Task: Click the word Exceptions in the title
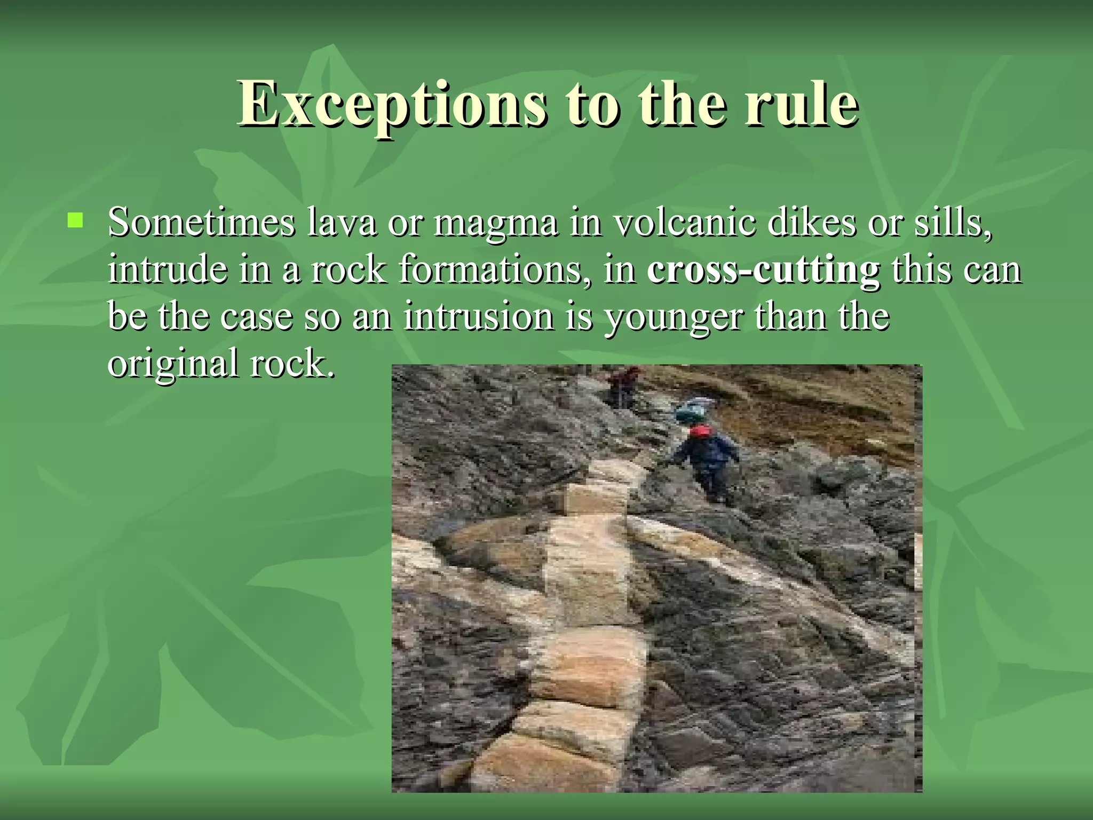(392, 104)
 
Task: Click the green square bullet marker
(75, 220)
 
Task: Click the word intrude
(167, 269)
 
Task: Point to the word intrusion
(479, 316)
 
